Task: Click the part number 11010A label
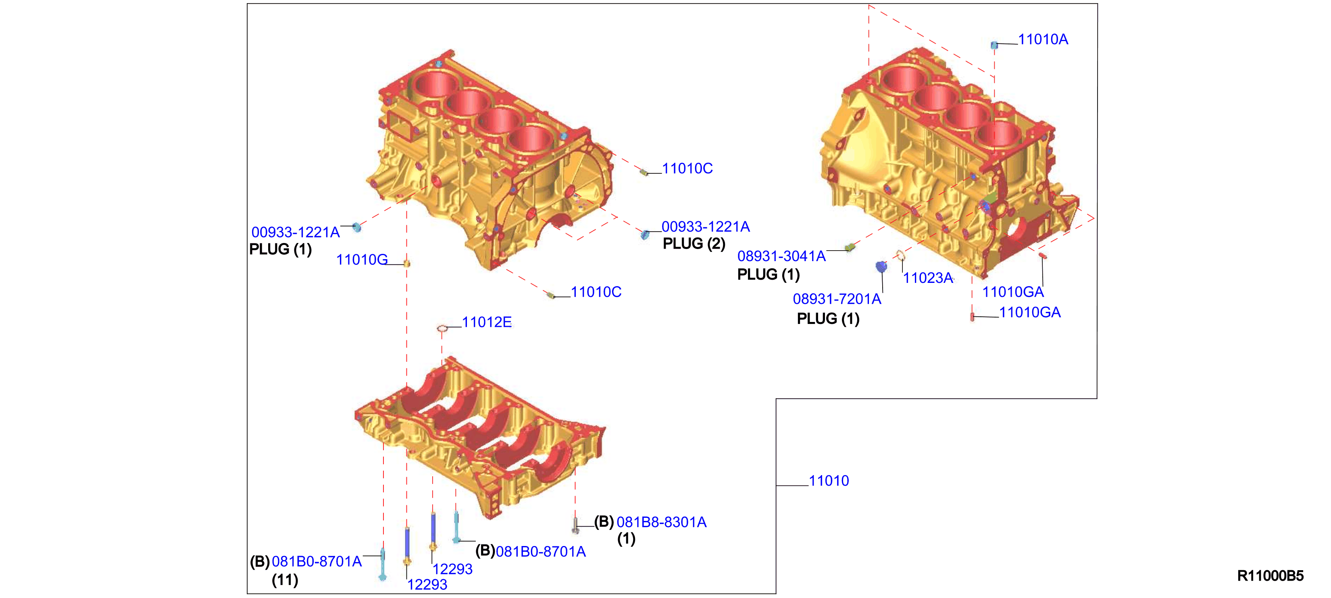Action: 1043,39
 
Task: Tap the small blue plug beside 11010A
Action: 994,45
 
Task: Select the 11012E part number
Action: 487,322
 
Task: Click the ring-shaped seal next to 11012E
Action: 442,328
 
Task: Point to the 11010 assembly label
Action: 829,481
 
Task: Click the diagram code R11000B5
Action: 1270,576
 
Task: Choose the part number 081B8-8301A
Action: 661,522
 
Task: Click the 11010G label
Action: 362,260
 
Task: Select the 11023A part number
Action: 928,278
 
